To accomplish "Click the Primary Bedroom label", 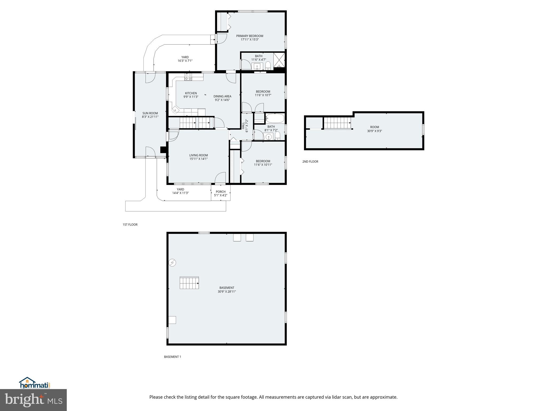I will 249,36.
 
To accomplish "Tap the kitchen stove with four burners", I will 188,77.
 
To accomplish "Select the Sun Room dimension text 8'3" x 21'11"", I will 150,117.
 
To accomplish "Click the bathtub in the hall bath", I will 275,118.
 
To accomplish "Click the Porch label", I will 221,192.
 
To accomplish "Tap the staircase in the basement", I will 189,283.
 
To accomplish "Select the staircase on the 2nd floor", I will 337,123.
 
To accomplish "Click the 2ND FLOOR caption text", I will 310,162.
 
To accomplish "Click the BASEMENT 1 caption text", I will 173,357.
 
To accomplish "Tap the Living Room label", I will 198,155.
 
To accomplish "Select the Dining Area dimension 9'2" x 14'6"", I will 222,100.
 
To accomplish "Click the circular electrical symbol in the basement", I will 172,263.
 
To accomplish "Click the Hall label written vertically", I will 243,126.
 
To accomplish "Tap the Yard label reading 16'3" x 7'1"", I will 185,61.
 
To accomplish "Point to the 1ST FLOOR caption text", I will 130,225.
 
